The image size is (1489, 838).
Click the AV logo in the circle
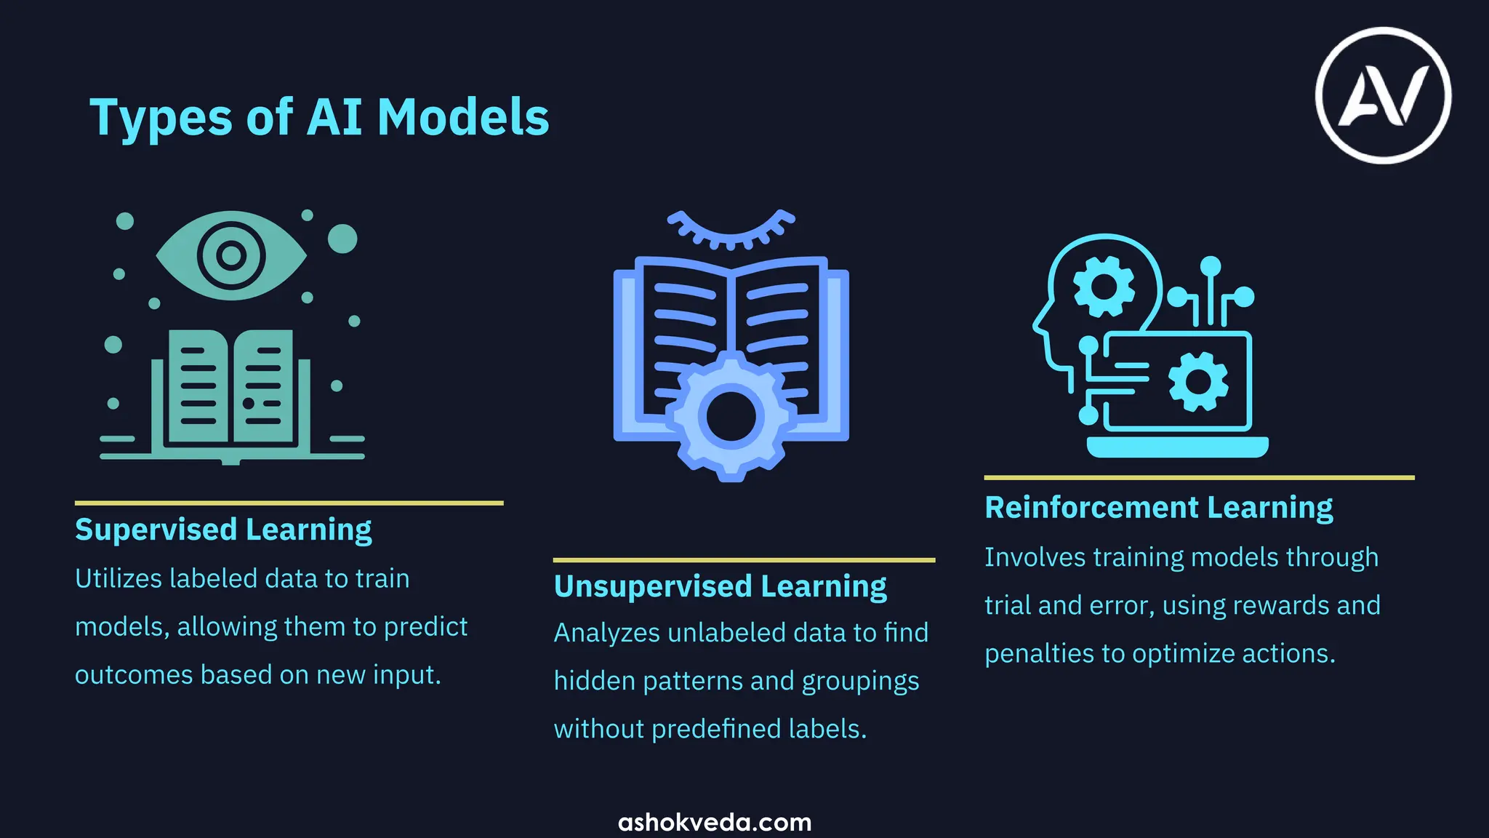[1383, 95]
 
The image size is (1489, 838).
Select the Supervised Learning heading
[223, 530]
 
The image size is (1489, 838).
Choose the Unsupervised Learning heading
[720, 586]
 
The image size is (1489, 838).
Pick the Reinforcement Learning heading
[1158, 507]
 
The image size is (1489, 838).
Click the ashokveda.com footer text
[715, 822]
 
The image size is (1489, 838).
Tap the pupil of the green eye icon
[231, 255]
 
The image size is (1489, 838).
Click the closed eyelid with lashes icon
[731, 228]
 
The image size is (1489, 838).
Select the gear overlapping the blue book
[731, 417]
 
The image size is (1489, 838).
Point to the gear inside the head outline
[1104, 286]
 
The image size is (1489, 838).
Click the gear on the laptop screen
[1198, 381]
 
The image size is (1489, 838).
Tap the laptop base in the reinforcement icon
[1177, 446]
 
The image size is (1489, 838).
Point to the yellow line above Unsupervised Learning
[744, 560]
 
